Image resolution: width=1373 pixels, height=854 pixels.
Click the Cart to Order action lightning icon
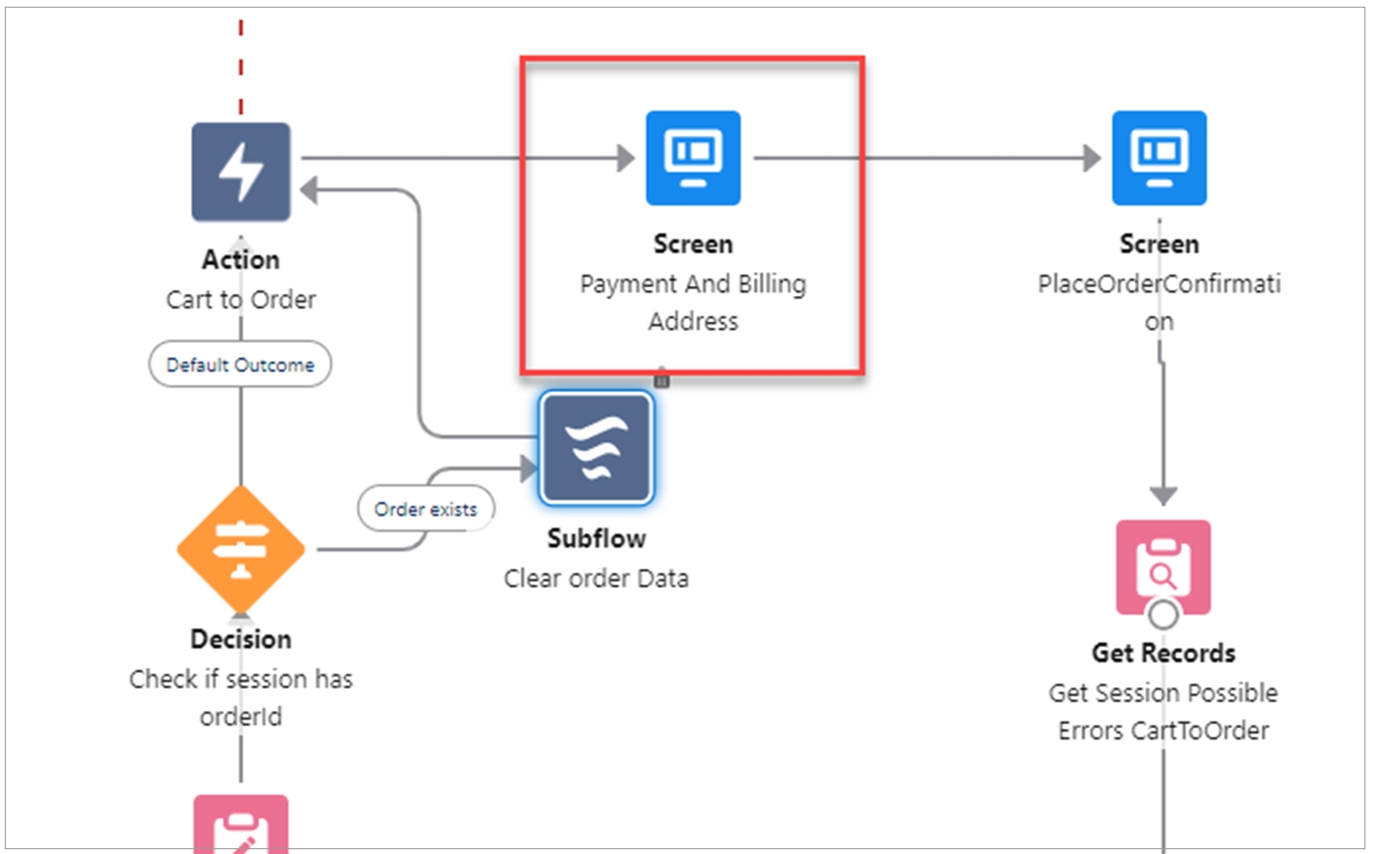(240, 172)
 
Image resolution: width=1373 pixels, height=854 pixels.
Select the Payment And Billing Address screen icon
(693, 157)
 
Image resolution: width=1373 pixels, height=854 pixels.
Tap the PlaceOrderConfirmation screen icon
(1158, 157)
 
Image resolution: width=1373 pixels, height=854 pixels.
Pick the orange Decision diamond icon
(240, 549)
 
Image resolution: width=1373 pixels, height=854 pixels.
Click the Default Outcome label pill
(240, 365)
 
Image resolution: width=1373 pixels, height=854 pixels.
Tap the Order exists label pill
(426, 510)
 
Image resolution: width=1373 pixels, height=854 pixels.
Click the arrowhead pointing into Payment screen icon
(625, 157)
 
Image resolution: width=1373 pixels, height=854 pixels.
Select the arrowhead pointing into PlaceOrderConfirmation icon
(1092, 157)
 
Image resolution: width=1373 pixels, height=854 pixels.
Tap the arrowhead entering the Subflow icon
(529, 468)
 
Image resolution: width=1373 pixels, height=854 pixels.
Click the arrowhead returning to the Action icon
(309, 190)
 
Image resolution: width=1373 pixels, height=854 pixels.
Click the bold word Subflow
(596, 539)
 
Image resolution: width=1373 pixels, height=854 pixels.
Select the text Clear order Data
(596, 579)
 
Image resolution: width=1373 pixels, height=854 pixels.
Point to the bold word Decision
(240, 639)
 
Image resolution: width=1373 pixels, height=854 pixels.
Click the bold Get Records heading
(1163, 654)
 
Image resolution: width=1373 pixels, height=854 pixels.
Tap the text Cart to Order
(240, 300)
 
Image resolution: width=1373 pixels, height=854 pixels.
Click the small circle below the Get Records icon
(1163, 614)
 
